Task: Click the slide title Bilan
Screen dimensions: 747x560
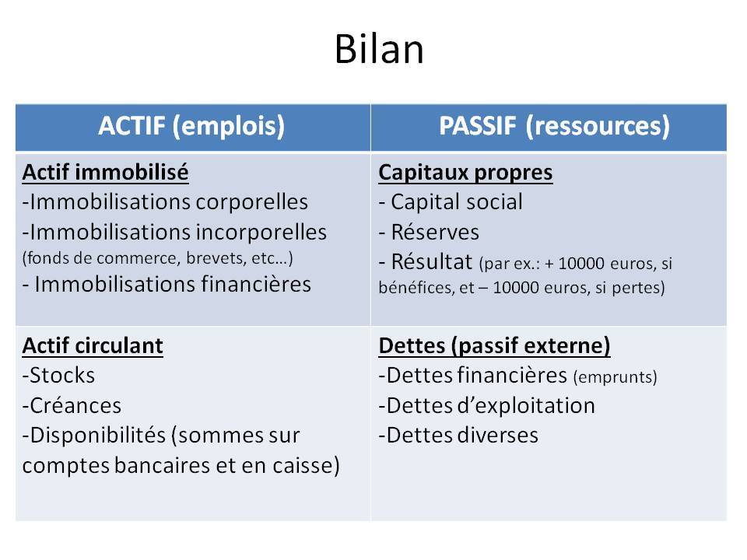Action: click(379, 48)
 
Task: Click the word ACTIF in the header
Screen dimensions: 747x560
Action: click(132, 126)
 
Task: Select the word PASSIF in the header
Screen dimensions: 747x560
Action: click(478, 126)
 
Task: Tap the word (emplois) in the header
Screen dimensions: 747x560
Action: click(229, 127)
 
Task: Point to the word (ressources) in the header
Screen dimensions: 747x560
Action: click(598, 127)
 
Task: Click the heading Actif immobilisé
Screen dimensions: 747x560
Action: click(105, 173)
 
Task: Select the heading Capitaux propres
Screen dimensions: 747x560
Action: click(465, 173)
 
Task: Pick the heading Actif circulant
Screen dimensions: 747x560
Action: click(93, 345)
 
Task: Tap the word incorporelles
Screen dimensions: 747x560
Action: click(261, 233)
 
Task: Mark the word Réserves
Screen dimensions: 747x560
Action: click(435, 232)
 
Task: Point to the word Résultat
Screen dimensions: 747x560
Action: click(432, 261)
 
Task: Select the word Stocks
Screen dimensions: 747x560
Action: click(62, 375)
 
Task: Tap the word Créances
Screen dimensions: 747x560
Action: click(75, 406)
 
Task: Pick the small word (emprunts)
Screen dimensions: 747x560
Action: click(615, 377)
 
